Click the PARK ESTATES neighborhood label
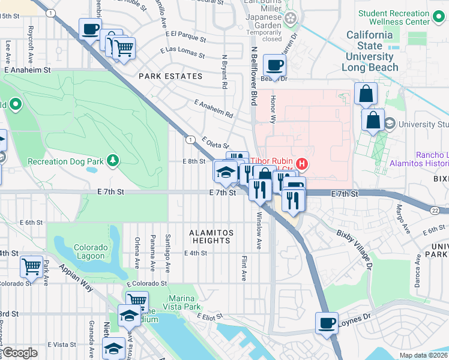tap(170, 76)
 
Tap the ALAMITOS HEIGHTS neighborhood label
tap(210, 236)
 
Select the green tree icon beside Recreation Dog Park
tap(112, 160)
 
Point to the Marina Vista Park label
tap(181, 303)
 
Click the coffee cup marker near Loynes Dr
tap(327, 322)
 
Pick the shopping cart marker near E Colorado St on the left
tap(31, 265)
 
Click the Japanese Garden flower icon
tap(291, 19)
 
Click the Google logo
tap(19, 353)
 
